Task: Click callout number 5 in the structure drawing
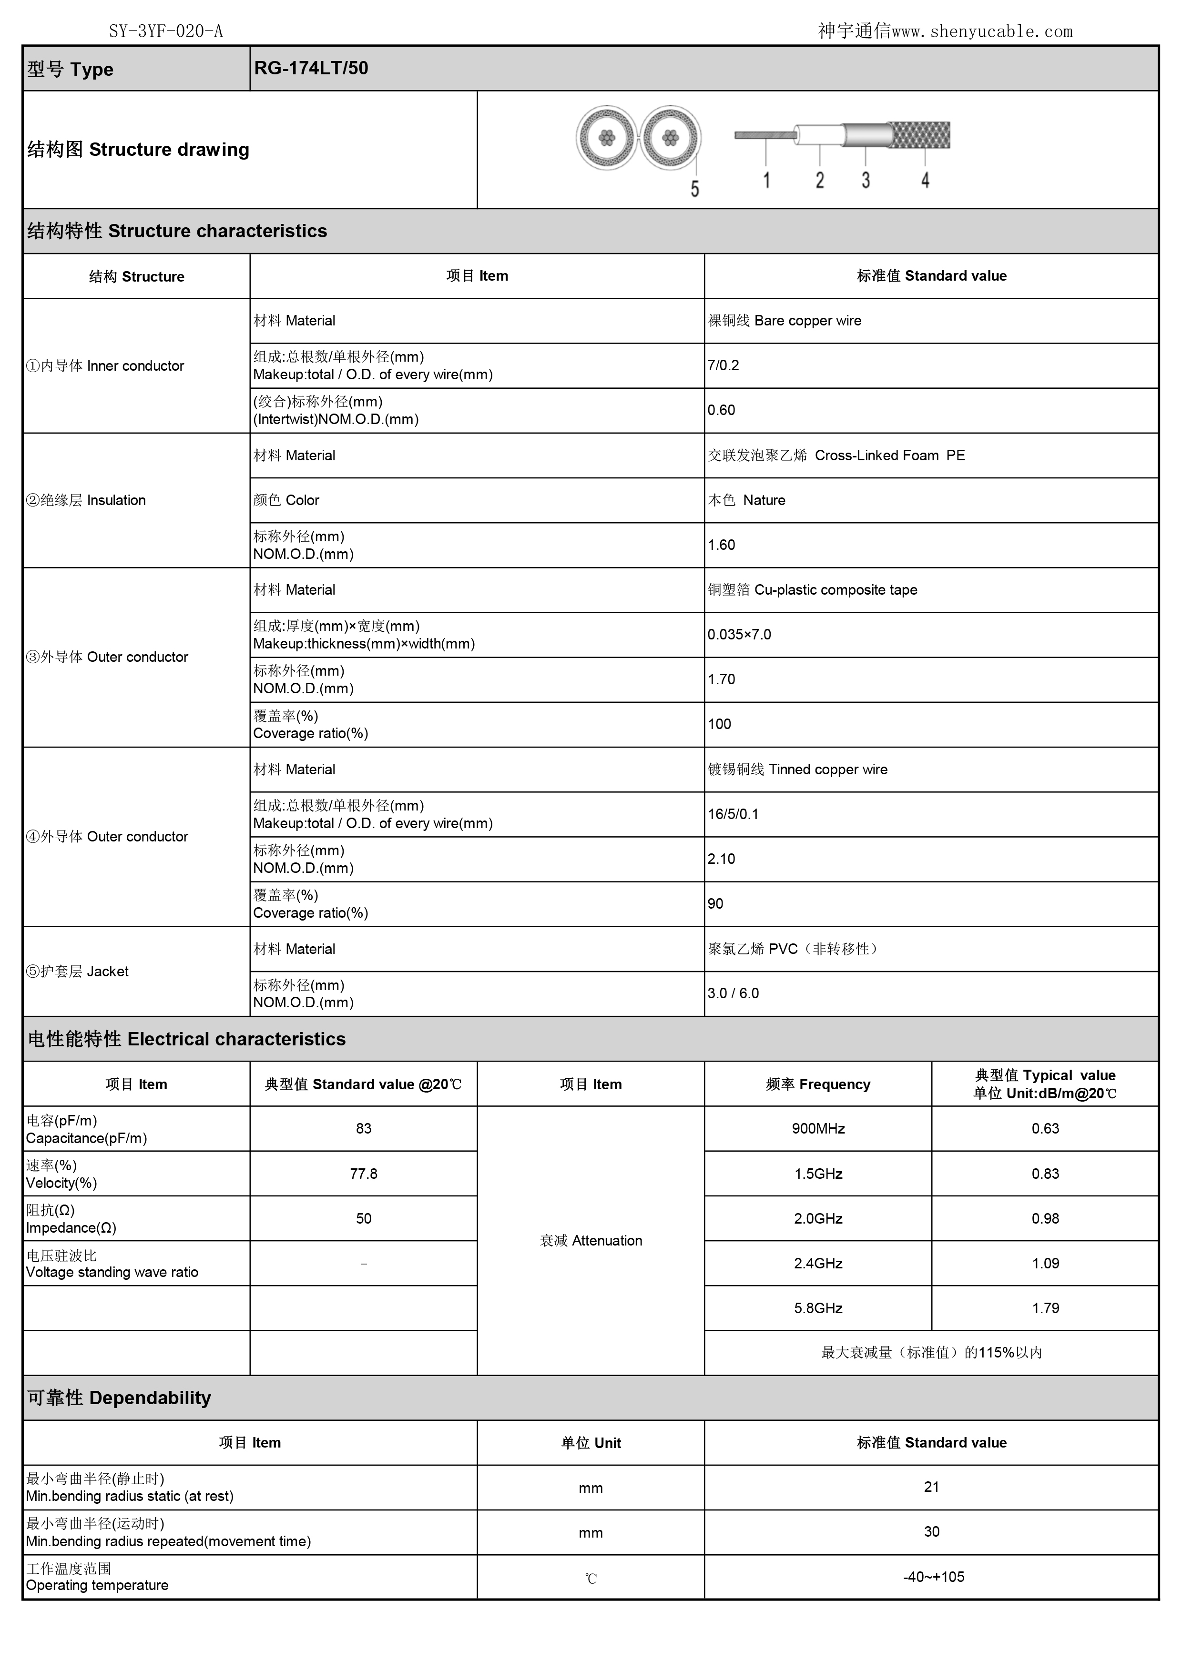pyautogui.click(x=694, y=189)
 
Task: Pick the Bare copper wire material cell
pyautogui.click(x=785, y=321)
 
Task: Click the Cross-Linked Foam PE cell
pyautogui.click(x=836, y=456)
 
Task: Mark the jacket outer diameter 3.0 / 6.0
pyautogui.click(x=733, y=993)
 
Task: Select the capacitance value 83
pyautogui.click(x=363, y=1129)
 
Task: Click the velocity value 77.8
pyautogui.click(x=363, y=1174)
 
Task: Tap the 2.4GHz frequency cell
pyautogui.click(x=818, y=1264)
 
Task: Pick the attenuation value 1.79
pyautogui.click(x=1045, y=1308)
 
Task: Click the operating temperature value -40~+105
pyautogui.click(x=933, y=1577)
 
